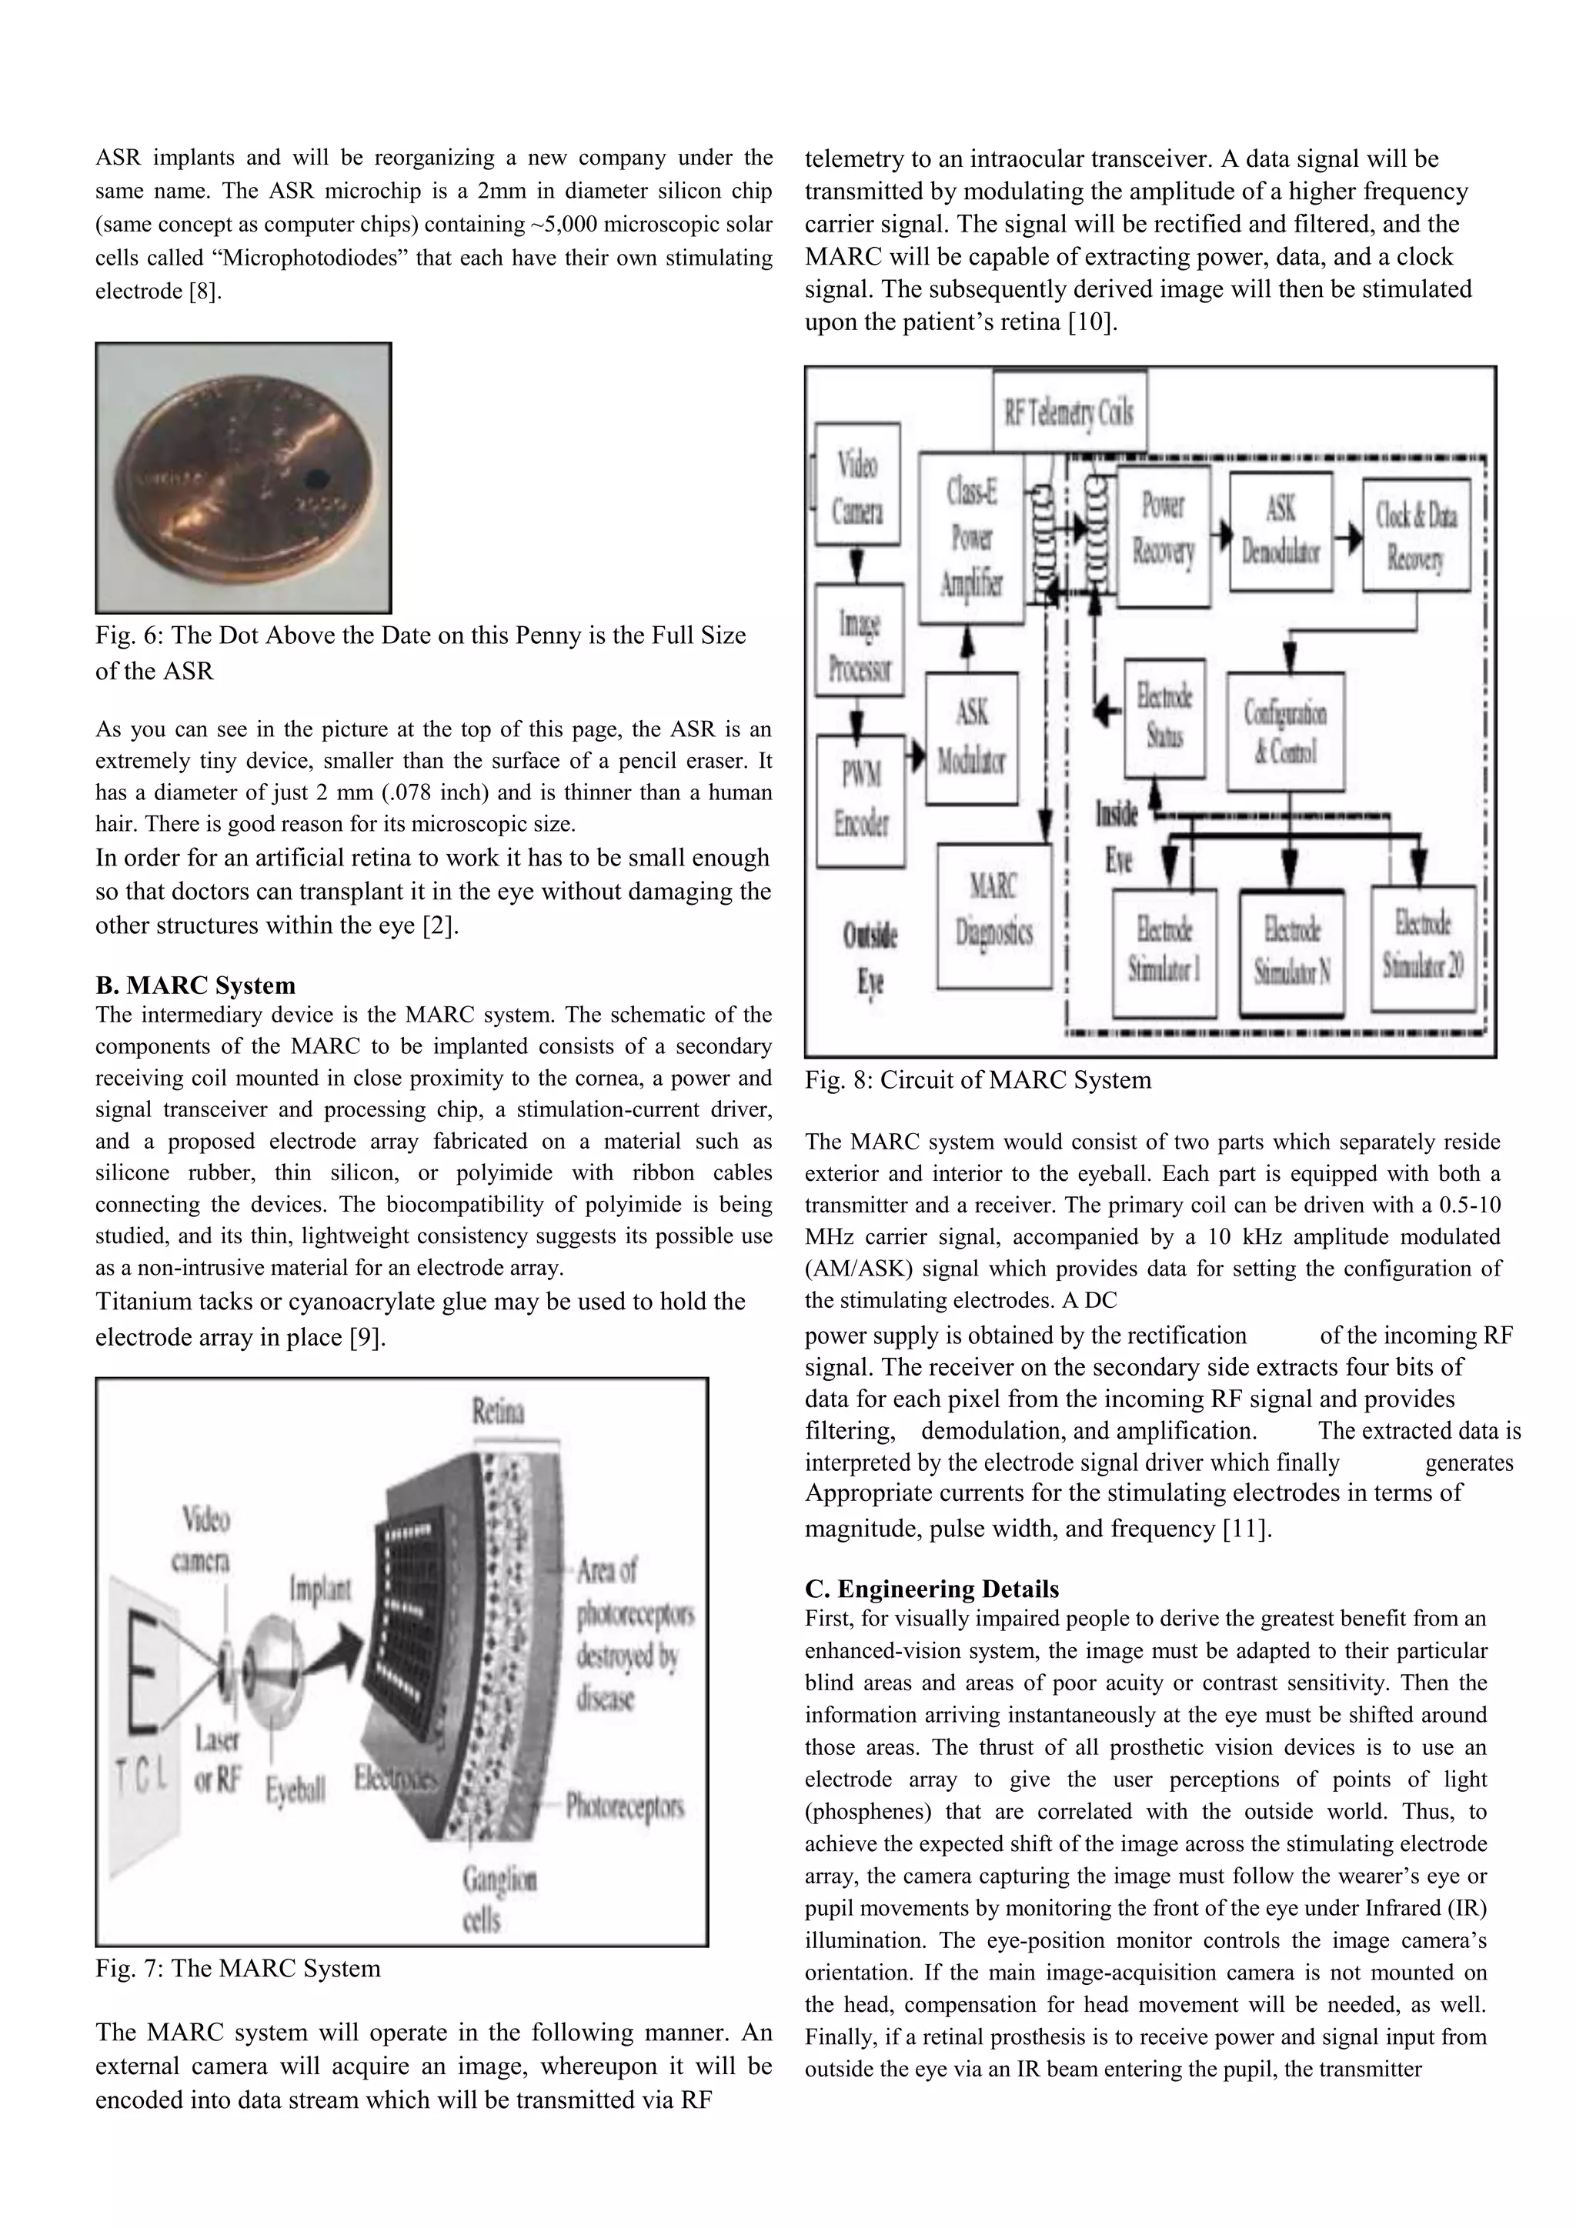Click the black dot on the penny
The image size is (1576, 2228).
coord(316,478)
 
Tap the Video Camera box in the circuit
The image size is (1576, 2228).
coord(858,482)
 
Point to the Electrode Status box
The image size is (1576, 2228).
coord(1164,716)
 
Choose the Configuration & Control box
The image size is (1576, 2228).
coord(1285,731)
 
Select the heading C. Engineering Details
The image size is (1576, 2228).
coord(932,1589)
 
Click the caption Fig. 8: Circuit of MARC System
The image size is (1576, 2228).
coord(977,1080)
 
